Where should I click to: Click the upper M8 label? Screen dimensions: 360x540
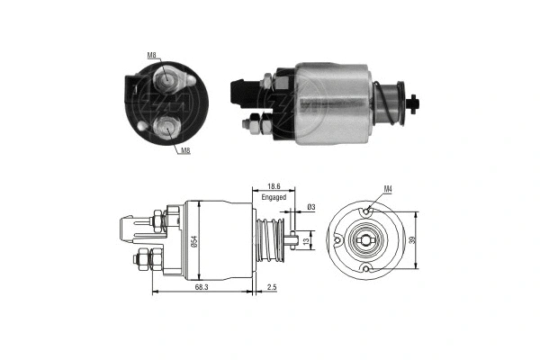pos(153,57)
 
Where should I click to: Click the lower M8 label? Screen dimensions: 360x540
pos(184,150)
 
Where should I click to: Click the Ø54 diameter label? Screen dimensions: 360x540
pos(193,239)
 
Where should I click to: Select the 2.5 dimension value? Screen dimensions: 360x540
pos(273,285)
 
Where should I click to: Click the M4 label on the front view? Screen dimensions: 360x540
pos(388,189)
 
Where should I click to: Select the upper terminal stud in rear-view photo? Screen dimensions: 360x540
pos(168,81)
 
